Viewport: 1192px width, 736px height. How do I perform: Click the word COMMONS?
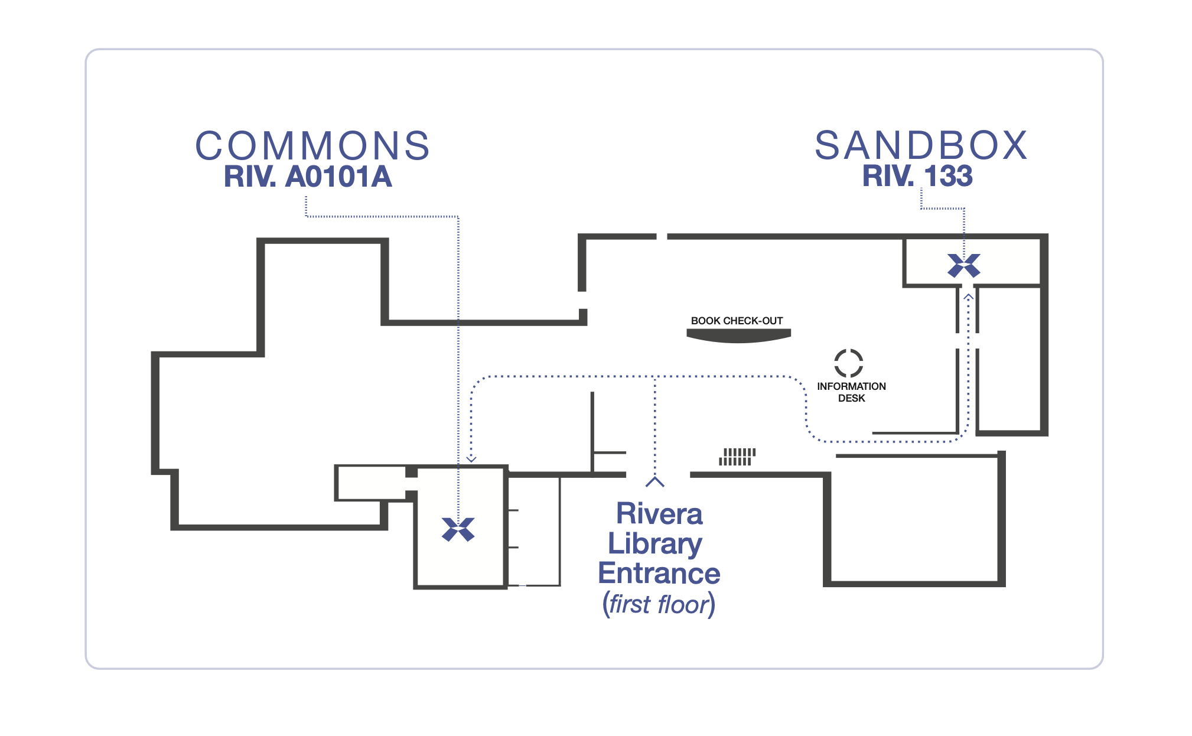(312, 146)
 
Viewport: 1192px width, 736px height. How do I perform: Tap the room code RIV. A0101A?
(308, 177)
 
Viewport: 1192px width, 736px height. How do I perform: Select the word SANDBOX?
(921, 145)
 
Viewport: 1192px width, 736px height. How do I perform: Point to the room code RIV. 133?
(917, 176)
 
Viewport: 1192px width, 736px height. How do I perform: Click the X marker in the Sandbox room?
(963, 266)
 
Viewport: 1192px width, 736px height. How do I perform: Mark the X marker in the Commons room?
(458, 529)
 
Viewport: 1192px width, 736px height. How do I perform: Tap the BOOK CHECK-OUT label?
(737, 321)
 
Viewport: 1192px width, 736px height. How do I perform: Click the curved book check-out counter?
(738, 336)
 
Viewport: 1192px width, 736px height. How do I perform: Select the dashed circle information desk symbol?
(848, 363)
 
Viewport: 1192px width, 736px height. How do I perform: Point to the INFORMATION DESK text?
(851, 392)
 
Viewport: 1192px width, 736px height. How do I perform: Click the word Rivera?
(659, 514)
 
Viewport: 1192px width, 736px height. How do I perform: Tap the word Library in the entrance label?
(655, 543)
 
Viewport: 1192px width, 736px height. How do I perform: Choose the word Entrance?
(659, 573)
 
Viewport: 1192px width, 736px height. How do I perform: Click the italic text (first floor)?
(659, 604)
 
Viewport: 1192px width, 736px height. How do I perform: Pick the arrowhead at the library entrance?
(654, 482)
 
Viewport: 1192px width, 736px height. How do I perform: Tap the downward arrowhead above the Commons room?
(471, 459)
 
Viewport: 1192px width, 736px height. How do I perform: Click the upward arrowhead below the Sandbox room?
(968, 297)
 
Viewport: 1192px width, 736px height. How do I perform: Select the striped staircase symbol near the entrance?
(737, 457)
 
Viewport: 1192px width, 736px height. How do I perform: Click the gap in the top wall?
(662, 237)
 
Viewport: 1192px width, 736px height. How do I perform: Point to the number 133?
(948, 176)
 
